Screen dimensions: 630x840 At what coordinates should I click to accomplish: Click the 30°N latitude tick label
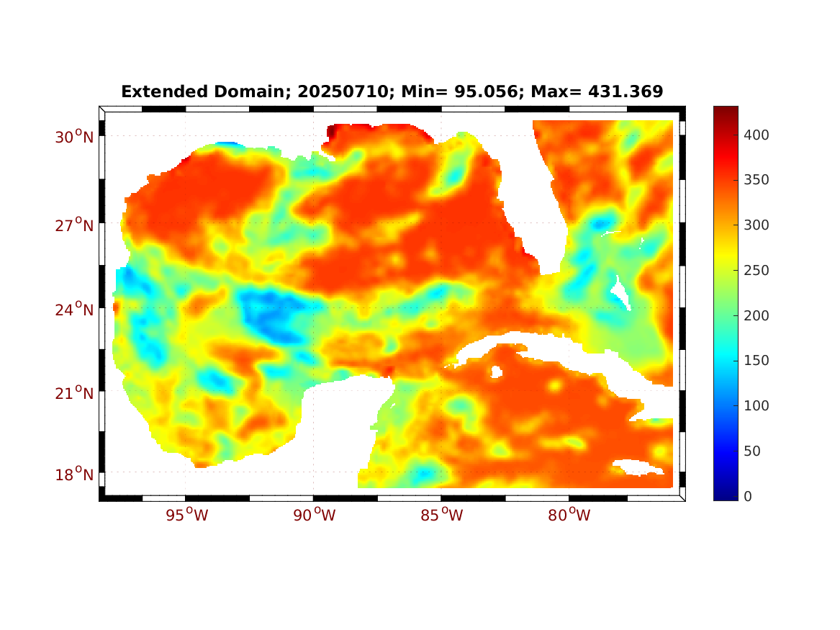pyautogui.click(x=76, y=137)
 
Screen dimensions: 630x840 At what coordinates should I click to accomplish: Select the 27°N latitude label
pyautogui.click(x=76, y=225)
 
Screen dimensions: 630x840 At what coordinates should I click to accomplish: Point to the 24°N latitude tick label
pyautogui.click(x=76, y=310)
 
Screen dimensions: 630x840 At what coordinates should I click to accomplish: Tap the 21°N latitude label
pyautogui.click(x=76, y=393)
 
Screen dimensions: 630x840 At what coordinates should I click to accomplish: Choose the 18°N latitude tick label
pyautogui.click(x=76, y=474)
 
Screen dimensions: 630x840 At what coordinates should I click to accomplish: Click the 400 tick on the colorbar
pyautogui.click(x=757, y=135)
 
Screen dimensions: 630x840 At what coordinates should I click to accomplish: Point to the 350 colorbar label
pyautogui.click(x=757, y=180)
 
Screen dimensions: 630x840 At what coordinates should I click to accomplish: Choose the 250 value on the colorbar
pyautogui.click(x=757, y=271)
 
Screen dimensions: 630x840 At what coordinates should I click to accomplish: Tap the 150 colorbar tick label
pyautogui.click(x=757, y=361)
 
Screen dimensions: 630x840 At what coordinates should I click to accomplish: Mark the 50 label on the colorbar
pyautogui.click(x=753, y=451)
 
